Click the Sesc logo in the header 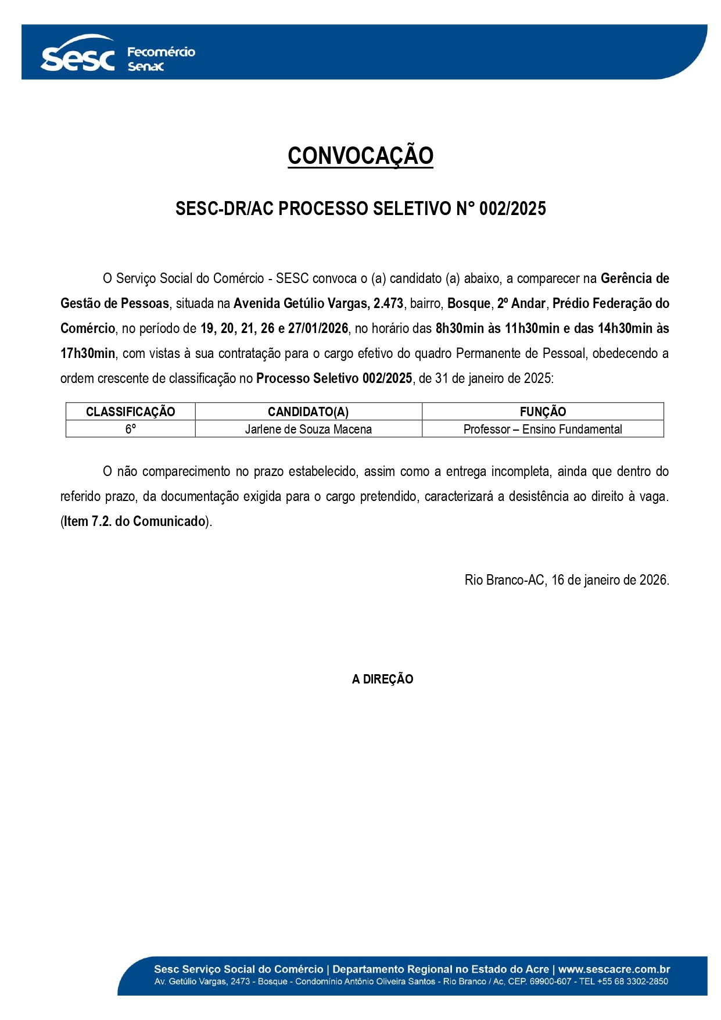pos(78,56)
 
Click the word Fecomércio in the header pos(161,52)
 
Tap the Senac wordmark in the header pos(146,67)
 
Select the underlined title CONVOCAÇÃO pos(360,156)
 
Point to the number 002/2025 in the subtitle pos(512,209)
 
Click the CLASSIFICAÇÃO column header pos(130,411)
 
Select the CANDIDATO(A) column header pos(308,411)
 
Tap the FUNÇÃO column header pos(543,411)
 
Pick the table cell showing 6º pos(130,429)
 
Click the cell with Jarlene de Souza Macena pos(308,429)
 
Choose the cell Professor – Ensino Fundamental pos(543,429)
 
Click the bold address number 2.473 pos(388,303)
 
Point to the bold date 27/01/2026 pos(318,328)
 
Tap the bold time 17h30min pos(88,353)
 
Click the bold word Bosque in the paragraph pos(469,303)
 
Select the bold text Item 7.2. pos(88,521)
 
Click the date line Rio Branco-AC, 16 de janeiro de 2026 pos(566,580)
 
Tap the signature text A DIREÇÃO pos(382,679)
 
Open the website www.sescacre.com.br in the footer pos(614,969)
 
